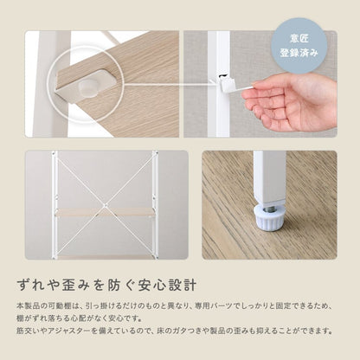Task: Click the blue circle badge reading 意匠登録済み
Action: [x=299, y=45]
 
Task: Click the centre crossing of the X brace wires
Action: [x=106, y=205]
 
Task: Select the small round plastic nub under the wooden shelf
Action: [x=87, y=87]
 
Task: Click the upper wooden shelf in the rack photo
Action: [x=105, y=212]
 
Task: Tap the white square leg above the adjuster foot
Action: [x=270, y=177]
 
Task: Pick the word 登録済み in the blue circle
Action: [x=299, y=53]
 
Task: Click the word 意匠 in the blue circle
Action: [x=299, y=38]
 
